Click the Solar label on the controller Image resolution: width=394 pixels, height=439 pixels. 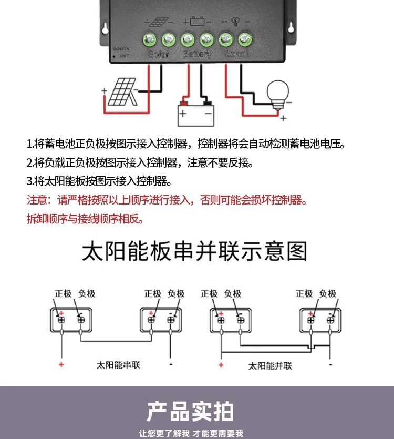[x=159, y=54]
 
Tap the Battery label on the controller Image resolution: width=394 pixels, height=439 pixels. [x=197, y=54]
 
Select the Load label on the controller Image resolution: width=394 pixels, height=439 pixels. [x=235, y=54]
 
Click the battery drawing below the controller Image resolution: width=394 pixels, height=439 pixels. [x=196, y=113]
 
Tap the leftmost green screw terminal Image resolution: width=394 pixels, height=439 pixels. [x=150, y=38]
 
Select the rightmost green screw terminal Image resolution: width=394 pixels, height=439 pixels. [x=244, y=38]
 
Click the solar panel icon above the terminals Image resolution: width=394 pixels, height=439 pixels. [x=159, y=22]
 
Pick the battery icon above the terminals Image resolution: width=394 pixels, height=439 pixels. [x=197, y=22]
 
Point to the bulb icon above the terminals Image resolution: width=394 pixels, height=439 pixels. [x=235, y=22]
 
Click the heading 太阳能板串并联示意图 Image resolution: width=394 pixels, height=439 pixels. [x=194, y=252]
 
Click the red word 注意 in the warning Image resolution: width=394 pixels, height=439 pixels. [x=37, y=200]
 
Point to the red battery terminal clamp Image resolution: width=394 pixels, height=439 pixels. [x=184, y=101]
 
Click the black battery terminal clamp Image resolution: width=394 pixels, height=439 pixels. [x=207, y=101]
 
